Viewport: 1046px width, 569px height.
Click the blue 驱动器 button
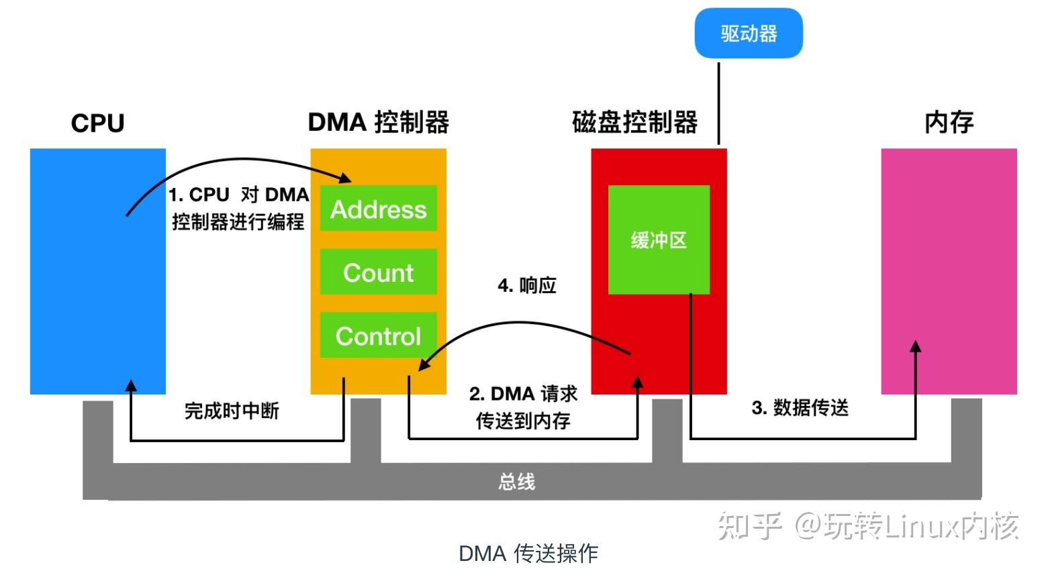[x=748, y=34]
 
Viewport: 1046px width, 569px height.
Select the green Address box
[x=378, y=209]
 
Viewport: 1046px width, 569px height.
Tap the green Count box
[x=378, y=272]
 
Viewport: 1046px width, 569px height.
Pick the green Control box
[x=378, y=335]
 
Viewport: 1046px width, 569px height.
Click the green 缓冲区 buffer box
[x=658, y=240]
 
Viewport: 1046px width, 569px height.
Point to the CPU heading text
[x=98, y=123]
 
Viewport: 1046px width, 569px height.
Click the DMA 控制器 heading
[x=378, y=122]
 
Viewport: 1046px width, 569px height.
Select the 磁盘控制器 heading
[x=634, y=122]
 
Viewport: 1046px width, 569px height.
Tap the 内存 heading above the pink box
[x=949, y=122]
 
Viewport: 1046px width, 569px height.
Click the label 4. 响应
[x=527, y=285]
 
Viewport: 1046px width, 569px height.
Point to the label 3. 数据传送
[x=800, y=407]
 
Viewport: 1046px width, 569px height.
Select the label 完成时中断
[x=232, y=411]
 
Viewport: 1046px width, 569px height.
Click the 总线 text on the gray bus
[x=516, y=481]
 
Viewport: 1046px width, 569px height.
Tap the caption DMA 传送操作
[x=528, y=553]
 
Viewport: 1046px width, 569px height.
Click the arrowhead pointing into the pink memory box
[x=915, y=346]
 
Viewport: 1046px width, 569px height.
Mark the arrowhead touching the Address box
[x=346, y=178]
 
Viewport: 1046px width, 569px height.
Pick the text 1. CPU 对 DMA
[x=238, y=195]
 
